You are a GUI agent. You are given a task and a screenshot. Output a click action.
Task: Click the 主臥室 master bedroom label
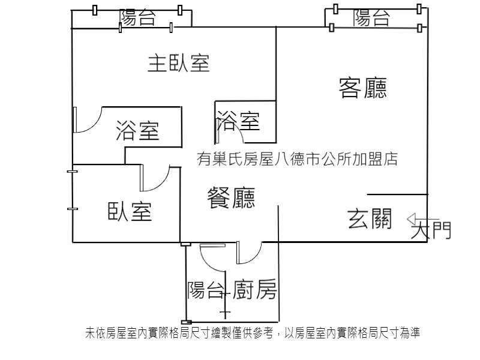(x=178, y=64)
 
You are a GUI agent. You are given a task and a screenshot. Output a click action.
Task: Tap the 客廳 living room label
(x=363, y=88)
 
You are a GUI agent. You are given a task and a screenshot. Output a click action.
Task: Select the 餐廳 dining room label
(x=231, y=198)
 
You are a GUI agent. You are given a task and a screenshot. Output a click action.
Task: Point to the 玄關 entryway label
(x=370, y=218)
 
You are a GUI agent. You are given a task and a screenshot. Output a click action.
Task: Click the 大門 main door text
(x=431, y=230)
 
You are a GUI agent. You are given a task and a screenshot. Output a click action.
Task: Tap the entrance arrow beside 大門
(x=422, y=219)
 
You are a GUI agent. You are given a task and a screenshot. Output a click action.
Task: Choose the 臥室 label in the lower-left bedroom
(x=130, y=211)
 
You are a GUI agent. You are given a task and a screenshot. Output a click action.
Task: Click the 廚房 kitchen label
(x=254, y=289)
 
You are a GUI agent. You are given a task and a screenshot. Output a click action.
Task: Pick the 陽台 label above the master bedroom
(x=137, y=17)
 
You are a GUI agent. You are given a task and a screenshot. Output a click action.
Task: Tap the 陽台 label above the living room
(x=371, y=18)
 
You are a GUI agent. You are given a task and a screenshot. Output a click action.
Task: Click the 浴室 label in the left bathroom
(x=137, y=131)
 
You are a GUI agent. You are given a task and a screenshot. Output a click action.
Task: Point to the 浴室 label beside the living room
(x=238, y=121)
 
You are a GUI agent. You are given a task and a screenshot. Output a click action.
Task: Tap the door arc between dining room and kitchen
(x=254, y=258)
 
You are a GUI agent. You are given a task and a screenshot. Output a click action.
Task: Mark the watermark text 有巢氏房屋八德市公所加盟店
(x=297, y=159)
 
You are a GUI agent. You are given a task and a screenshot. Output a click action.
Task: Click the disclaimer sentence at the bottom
(x=253, y=333)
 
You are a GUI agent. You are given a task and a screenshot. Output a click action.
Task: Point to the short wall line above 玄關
(x=397, y=194)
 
